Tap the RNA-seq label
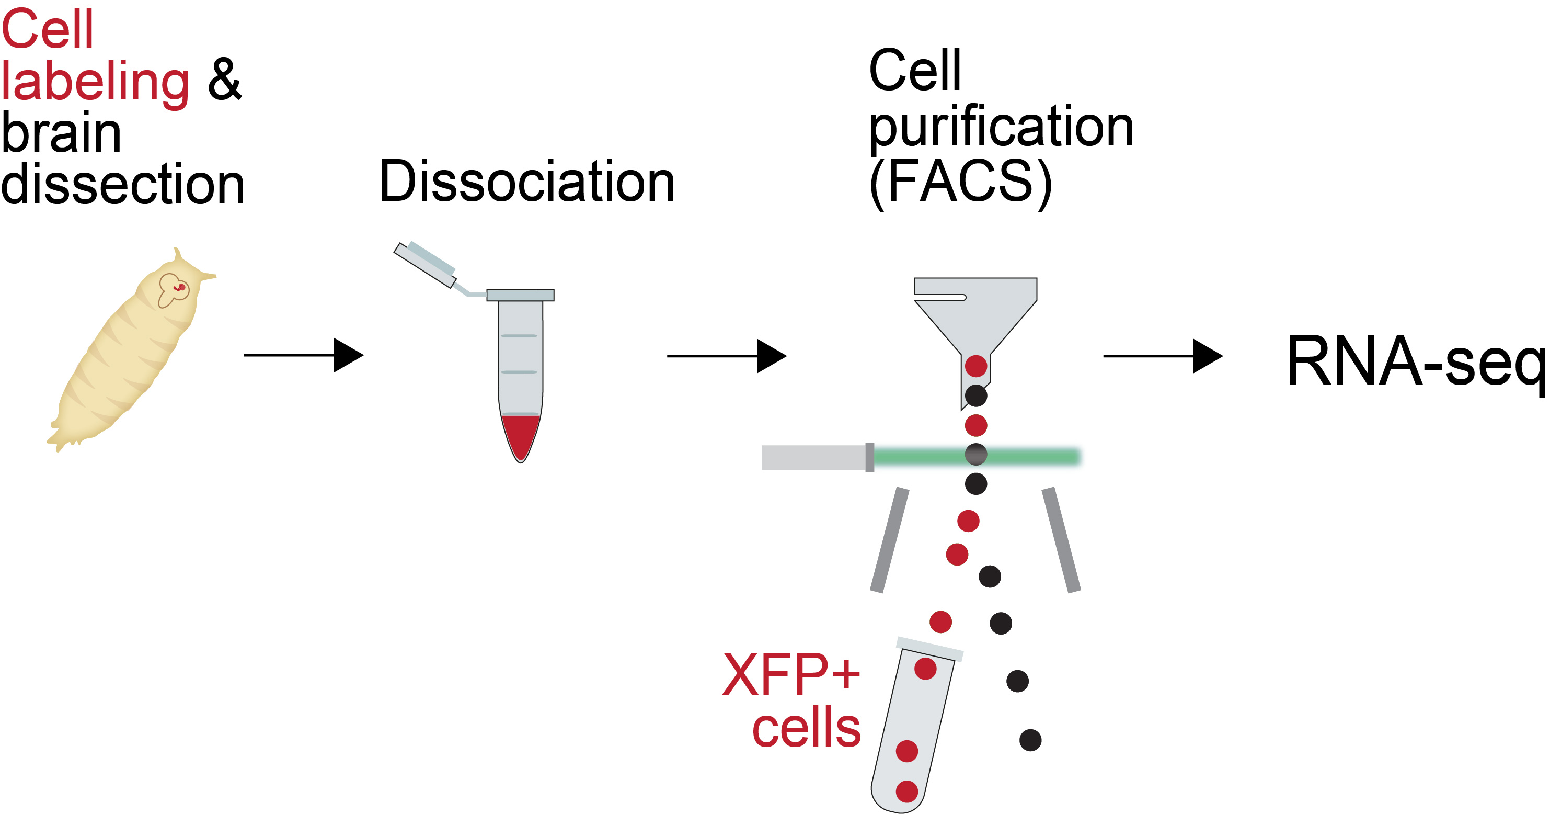tap(1415, 361)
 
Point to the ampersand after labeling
tap(224, 80)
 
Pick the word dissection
tap(122, 184)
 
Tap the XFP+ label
tap(790, 674)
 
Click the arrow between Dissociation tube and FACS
tap(726, 356)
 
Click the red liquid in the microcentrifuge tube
tap(521, 434)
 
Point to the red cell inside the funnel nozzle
tap(976, 366)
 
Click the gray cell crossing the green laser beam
tap(976, 455)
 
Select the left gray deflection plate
tap(889, 540)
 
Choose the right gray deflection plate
tap(1061, 540)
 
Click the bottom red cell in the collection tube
tap(907, 792)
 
